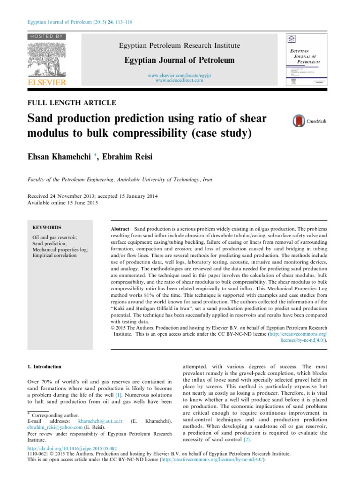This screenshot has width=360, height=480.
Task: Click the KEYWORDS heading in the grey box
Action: (x=47, y=227)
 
